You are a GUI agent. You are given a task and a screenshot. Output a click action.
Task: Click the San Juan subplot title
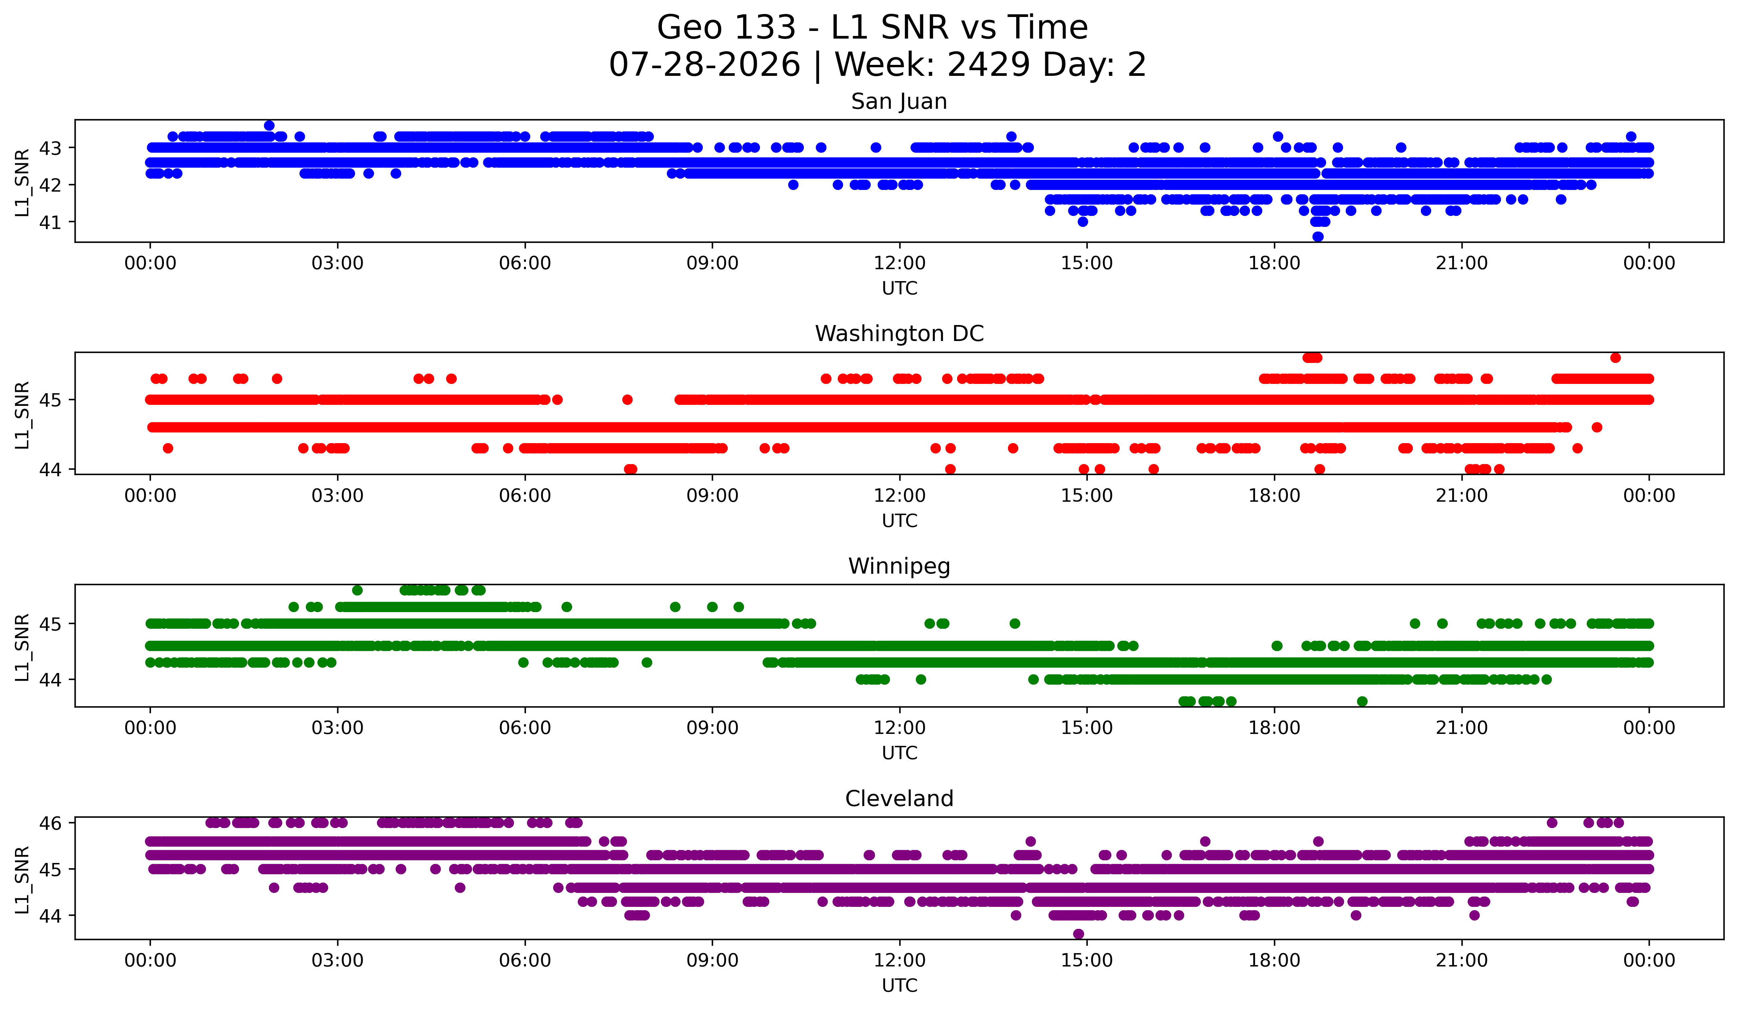(x=899, y=101)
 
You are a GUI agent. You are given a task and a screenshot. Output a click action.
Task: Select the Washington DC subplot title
(x=899, y=334)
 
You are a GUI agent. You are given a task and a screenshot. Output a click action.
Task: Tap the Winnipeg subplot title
(x=899, y=566)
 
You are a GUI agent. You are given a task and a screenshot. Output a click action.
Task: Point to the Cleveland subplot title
(x=899, y=799)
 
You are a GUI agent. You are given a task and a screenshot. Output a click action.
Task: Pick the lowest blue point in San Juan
(x=1317, y=237)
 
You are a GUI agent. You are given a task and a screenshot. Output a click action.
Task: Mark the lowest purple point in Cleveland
(x=1078, y=934)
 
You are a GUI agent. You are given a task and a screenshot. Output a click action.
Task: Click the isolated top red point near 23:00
(x=1615, y=357)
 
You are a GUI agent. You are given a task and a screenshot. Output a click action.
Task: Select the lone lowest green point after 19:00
(x=1361, y=701)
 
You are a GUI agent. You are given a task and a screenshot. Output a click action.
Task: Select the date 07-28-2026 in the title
(x=704, y=65)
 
